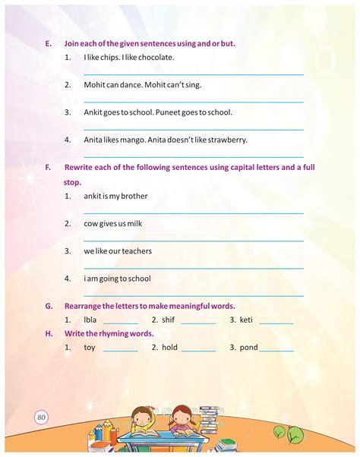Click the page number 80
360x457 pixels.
(x=41, y=416)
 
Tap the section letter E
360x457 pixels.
(x=48, y=43)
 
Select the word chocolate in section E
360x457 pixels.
(x=156, y=57)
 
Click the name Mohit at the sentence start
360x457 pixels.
(x=95, y=84)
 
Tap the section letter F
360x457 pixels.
(x=48, y=167)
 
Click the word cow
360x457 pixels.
(x=92, y=223)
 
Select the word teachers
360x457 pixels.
(x=136, y=251)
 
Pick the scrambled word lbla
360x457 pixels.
(x=90, y=320)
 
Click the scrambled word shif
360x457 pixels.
(x=168, y=320)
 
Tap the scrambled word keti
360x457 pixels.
(x=246, y=320)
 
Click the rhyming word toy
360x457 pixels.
(x=90, y=347)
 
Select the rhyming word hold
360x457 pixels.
(x=169, y=347)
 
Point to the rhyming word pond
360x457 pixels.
(x=248, y=347)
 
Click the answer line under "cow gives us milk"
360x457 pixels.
(x=194, y=240)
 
